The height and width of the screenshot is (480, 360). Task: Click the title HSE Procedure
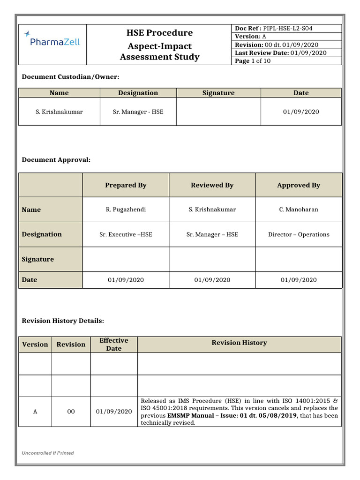point(159,33)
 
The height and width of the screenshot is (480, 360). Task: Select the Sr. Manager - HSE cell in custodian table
point(138,112)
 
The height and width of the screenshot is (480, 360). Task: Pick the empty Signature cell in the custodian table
point(218,112)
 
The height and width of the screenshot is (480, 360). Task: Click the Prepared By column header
point(126,185)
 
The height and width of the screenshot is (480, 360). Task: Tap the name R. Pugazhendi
point(126,210)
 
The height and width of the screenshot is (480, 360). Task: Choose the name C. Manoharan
point(299,210)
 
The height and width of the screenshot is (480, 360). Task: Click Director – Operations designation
point(299,234)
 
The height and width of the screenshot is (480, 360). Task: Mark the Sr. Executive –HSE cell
point(126,234)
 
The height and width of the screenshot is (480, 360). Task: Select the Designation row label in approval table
point(42,234)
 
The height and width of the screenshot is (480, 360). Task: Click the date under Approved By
point(299,280)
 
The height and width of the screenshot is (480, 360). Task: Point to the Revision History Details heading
point(63,321)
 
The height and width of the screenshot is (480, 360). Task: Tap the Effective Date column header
point(113,345)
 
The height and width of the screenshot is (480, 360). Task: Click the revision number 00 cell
point(71,412)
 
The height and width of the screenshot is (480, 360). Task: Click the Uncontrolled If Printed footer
point(48,453)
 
